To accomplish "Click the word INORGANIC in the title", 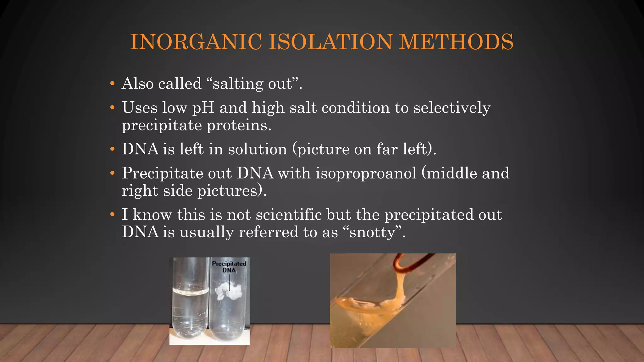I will point(196,42).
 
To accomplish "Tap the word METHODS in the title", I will point(456,42).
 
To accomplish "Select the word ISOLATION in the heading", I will point(330,42).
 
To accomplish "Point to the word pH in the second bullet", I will point(203,108).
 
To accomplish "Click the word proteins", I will point(239,125).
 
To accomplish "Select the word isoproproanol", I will point(366,173).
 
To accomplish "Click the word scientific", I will point(289,215).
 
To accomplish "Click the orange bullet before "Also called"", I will point(112,84).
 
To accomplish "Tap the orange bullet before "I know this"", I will point(112,215).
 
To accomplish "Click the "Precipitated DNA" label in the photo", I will point(229,267).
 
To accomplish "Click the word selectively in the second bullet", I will point(452,108).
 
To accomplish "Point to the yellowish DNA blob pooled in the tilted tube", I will point(371,310).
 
